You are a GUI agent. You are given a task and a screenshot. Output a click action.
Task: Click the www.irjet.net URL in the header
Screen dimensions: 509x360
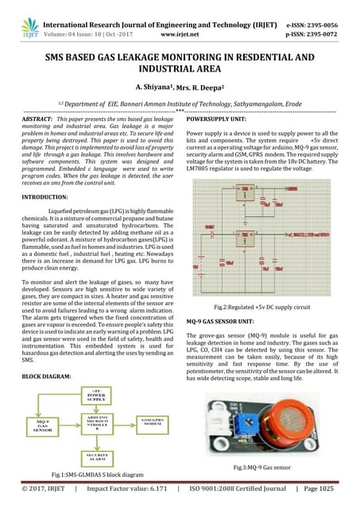178,25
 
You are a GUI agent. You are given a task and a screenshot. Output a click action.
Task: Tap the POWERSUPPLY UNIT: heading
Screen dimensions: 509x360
219,118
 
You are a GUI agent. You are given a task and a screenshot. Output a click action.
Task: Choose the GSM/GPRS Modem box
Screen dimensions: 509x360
156,421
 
